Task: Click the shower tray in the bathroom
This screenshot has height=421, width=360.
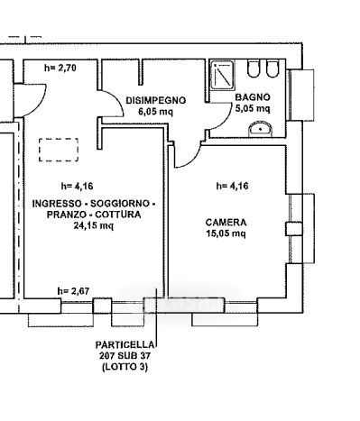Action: [x=222, y=75]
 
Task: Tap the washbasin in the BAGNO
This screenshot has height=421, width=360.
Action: [x=261, y=129]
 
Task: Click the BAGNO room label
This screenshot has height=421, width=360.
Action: [x=253, y=97]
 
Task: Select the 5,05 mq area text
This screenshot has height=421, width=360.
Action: [x=253, y=108]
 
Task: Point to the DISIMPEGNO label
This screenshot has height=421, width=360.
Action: [x=156, y=100]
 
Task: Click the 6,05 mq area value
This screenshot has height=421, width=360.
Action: [x=156, y=112]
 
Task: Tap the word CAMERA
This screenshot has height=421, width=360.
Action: [x=226, y=223]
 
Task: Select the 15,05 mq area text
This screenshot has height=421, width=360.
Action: [x=226, y=233]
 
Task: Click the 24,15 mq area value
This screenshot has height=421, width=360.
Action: [x=94, y=225]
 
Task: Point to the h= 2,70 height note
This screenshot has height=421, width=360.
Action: [x=60, y=68]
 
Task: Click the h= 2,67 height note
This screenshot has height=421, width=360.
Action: [x=73, y=291]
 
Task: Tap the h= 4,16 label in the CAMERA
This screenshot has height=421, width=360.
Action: [x=233, y=186]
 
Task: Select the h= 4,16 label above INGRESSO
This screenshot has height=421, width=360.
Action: [x=77, y=186]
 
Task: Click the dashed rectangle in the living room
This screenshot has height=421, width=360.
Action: [x=59, y=139]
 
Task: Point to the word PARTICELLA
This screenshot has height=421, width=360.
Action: [x=125, y=344]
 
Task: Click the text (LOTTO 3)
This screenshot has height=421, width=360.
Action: [x=125, y=367]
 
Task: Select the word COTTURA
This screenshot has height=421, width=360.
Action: [x=117, y=215]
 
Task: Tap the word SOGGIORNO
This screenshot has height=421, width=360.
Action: [x=120, y=204]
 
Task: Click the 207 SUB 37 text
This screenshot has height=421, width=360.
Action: [x=125, y=356]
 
